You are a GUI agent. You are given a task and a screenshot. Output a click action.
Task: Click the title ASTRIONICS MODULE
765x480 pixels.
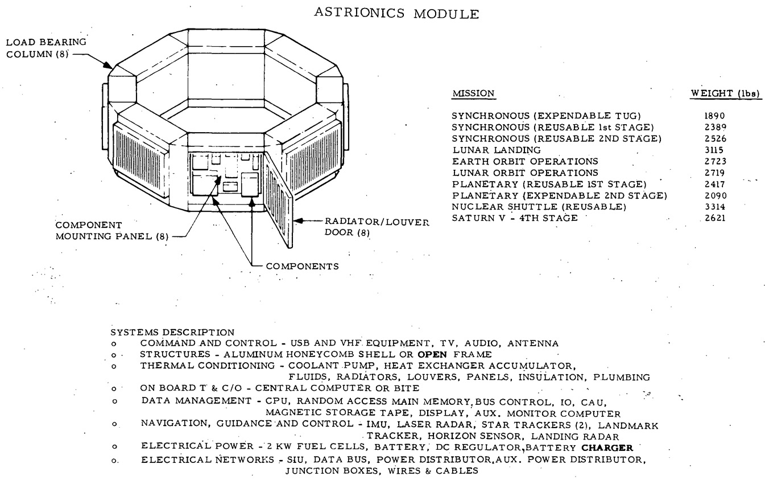[x=396, y=13]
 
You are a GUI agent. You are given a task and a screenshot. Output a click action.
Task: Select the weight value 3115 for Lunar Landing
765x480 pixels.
[x=714, y=150]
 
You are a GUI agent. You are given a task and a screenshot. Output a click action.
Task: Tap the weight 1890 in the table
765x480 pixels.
[x=714, y=116]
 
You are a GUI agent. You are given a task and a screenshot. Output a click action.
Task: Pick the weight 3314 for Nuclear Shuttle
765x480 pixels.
[x=715, y=207]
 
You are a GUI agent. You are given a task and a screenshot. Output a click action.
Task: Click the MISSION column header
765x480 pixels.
[x=473, y=93]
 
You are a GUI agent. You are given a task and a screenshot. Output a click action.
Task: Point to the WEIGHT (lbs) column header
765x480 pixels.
[x=725, y=93]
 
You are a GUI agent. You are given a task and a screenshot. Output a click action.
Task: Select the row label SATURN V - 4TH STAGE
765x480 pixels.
[x=515, y=218]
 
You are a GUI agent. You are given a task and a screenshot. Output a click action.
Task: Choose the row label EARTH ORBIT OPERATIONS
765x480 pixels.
[x=525, y=161]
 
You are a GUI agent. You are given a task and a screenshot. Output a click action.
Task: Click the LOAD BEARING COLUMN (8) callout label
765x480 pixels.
[x=46, y=48]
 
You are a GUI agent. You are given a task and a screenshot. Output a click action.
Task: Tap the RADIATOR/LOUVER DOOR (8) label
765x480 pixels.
[x=377, y=227]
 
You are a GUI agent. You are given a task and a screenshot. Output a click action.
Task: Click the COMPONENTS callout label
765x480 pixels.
[x=302, y=266]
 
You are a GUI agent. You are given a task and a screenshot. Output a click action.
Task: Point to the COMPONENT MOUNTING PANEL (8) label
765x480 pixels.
[x=112, y=231]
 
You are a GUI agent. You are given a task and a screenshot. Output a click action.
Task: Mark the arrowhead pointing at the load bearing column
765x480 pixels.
[x=108, y=65]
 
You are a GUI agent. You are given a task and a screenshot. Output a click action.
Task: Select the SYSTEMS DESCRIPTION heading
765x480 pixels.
[x=172, y=333]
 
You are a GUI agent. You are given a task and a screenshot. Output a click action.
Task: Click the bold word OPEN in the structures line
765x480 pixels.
[x=432, y=355]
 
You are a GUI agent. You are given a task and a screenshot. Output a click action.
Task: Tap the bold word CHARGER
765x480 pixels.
[x=607, y=448]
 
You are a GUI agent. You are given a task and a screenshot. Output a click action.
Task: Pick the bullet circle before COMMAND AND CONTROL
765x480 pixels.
[x=114, y=344]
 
